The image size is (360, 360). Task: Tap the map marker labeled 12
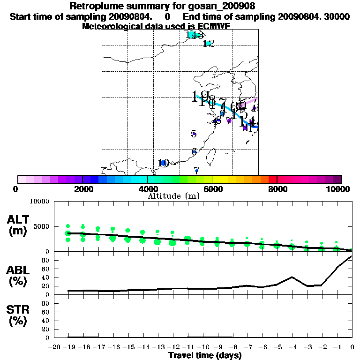point(209,43)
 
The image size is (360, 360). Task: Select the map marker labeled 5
point(194,134)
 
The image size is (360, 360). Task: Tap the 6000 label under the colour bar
point(212,189)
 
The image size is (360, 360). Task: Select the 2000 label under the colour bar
point(82,189)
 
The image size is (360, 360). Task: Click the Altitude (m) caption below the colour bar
point(173,196)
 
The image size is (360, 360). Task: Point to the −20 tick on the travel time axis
point(55,347)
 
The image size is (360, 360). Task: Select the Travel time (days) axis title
point(205,355)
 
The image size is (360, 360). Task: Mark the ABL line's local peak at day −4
point(292,277)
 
